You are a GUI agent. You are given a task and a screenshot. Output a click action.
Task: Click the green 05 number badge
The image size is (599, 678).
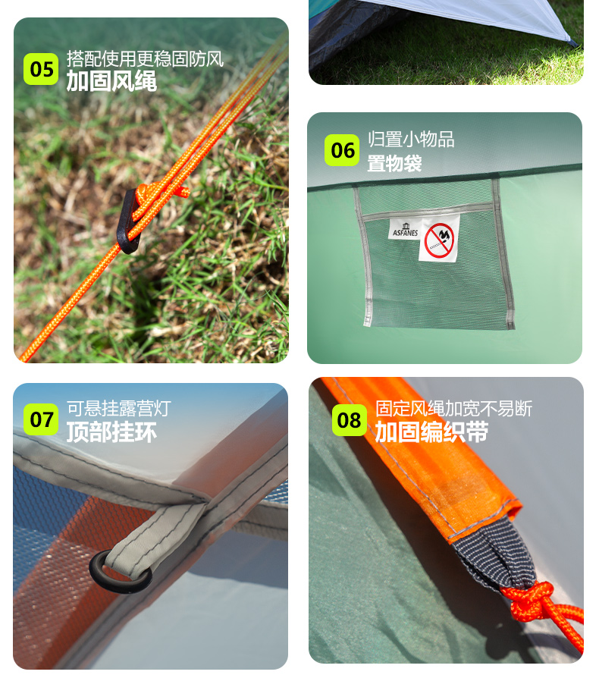tap(41, 69)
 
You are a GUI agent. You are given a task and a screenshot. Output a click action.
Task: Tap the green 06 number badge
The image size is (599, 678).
tap(342, 150)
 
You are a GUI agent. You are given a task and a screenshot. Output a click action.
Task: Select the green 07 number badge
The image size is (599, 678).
tap(41, 419)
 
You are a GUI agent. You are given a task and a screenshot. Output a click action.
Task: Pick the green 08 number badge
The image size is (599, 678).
tap(350, 420)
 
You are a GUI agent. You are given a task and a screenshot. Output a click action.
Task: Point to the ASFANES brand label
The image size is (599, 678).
tap(405, 230)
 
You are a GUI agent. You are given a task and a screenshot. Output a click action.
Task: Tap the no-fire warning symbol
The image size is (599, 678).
tap(439, 240)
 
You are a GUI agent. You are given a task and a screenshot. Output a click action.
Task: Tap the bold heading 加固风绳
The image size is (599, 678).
tap(111, 81)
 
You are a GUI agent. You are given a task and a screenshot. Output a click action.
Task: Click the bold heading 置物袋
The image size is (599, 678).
tap(394, 164)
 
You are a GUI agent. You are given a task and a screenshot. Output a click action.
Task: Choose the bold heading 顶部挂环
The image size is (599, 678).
tap(111, 432)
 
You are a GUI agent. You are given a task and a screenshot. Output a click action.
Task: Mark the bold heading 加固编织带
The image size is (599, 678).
tap(431, 432)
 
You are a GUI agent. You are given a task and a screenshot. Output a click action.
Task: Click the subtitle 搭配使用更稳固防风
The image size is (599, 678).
tap(145, 59)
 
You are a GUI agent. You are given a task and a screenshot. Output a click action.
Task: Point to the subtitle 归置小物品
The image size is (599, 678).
tap(411, 140)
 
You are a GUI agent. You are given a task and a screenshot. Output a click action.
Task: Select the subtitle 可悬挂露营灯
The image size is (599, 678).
tap(119, 408)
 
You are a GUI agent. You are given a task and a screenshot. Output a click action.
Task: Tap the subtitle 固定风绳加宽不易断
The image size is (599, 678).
tap(453, 409)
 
